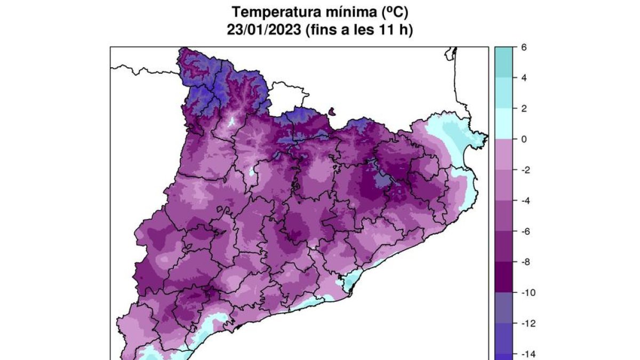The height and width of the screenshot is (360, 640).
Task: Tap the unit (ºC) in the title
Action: [x=393, y=12]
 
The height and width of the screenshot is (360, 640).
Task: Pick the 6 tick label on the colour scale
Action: [x=524, y=47]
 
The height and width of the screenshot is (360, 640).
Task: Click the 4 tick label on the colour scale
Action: [x=524, y=78]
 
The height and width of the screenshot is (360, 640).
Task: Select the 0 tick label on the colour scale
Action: [x=524, y=139]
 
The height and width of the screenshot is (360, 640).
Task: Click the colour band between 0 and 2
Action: [x=502, y=124]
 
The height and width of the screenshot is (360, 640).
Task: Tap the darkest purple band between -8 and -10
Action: [x=502, y=277]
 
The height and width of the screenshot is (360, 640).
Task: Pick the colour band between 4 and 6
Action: [x=502, y=62]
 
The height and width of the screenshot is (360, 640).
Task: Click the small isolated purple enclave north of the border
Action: [x=333, y=111]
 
